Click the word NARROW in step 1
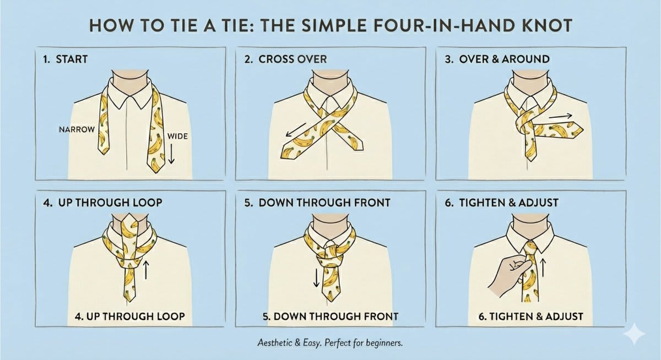pyautogui.click(x=77, y=129)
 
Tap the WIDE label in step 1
pyautogui.click(x=177, y=136)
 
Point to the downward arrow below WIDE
pyautogui.click(x=171, y=154)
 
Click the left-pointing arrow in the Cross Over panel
pyautogui.click(x=296, y=130)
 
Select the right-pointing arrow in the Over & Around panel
pyautogui.click(x=560, y=117)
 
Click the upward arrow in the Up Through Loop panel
pyautogui.click(x=145, y=269)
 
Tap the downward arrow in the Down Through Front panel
pyautogui.click(x=316, y=277)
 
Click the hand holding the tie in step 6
pyautogui.click(x=508, y=276)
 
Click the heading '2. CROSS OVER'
pyautogui.click(x=286, y=59)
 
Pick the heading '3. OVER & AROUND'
pyautogui.click(x=497, y=59)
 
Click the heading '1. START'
pyautogui.click(x=65, y=59)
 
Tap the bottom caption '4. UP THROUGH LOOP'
pyautogui.click(x=130, y=317)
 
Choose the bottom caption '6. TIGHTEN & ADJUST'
pyautogui.click(x=531, y=317)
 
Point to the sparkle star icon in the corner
pyautogui.click(x=635, y=333)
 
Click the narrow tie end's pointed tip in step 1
pyautogui.click(x=104, y=155)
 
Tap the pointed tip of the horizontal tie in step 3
pyautogui.click(x=583, y=130)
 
